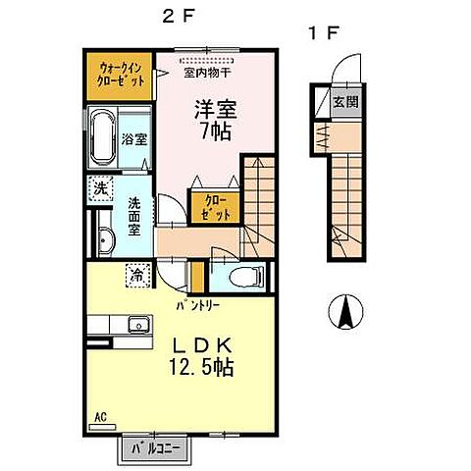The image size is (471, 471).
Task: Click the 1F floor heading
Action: click(x=324, y=32)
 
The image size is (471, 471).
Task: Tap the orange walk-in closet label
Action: click(x=123, y=75)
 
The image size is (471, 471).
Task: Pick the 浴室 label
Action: click(x=134, y=139)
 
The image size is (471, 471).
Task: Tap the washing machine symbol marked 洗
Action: click(x=100, y=187)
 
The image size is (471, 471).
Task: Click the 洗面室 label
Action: click(x=136, y=215)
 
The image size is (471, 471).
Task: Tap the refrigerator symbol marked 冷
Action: click(x=138, y=276)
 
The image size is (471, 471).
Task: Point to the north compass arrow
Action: click(x=344, y=314)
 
